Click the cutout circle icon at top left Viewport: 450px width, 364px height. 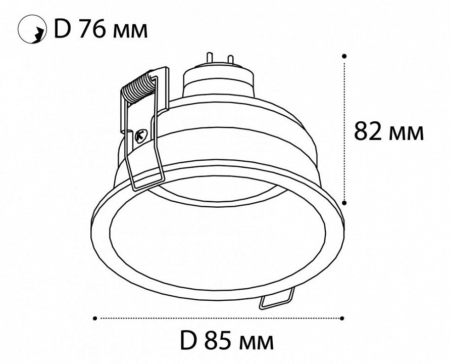pyautogui.click(x=32, y=30)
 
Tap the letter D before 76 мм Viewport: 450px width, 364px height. pyautogui.click(x=62, y=29)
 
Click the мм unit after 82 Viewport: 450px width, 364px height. pyautogui.click(x=406, y=133)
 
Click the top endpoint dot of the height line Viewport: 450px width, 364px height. pyautogui.click(x=344, y=56)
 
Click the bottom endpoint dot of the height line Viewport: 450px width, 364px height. pyautogui.click(x=344, y=203)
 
